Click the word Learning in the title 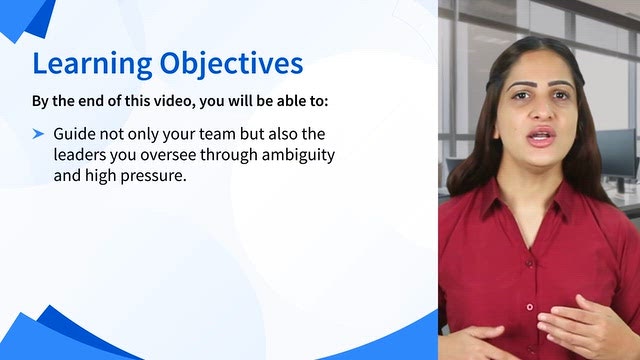pos(92,64)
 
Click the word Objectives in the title pos(231,63)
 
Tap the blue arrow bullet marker pos(38,133)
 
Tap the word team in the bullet pos(220,134)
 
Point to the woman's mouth pos(541,137)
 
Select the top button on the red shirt pos(529,263)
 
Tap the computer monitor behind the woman pos(617,153)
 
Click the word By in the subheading pos(40,101)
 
